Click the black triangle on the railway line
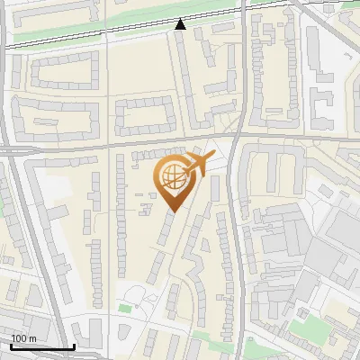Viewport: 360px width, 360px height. coord(181,24)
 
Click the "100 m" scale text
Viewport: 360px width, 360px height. coord(24,338)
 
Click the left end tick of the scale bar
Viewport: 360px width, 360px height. coord(11,345)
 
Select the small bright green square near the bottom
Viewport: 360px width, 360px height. coord(124,309)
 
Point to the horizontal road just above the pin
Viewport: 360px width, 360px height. coord(135,143)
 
